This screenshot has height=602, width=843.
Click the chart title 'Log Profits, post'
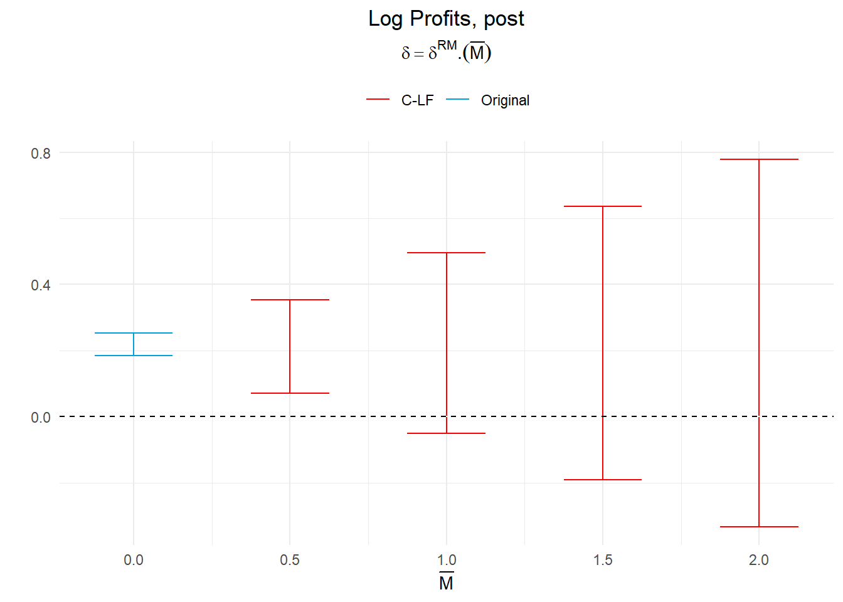point(446,19)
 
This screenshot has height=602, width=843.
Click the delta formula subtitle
point(446,51)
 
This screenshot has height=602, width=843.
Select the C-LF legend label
point(417,100)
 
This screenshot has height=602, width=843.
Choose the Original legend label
point(505,100)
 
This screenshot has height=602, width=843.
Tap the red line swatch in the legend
point(378,100)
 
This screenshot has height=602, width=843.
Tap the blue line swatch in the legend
point(457,100)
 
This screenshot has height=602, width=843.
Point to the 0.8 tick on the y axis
point(41,153)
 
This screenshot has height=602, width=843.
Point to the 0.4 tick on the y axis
point(41,285)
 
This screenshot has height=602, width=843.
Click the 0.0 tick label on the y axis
point(41,418)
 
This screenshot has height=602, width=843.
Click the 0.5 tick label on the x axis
point(290,560)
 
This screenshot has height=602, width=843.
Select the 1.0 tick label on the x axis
point(447,560)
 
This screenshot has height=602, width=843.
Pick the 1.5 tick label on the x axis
point(603,560)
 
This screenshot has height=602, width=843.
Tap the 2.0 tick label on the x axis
point(759,560)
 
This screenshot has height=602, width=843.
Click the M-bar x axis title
point(446,583)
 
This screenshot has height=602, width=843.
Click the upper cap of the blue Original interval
point(134,333)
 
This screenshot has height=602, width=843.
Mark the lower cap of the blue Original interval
point(134,356)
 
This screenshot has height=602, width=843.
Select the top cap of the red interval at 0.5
point(290,300)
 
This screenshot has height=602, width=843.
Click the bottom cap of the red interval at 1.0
point(447,433)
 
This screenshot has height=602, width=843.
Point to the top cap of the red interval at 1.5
point(603,206)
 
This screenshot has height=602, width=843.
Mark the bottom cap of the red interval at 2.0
point(759,527)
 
